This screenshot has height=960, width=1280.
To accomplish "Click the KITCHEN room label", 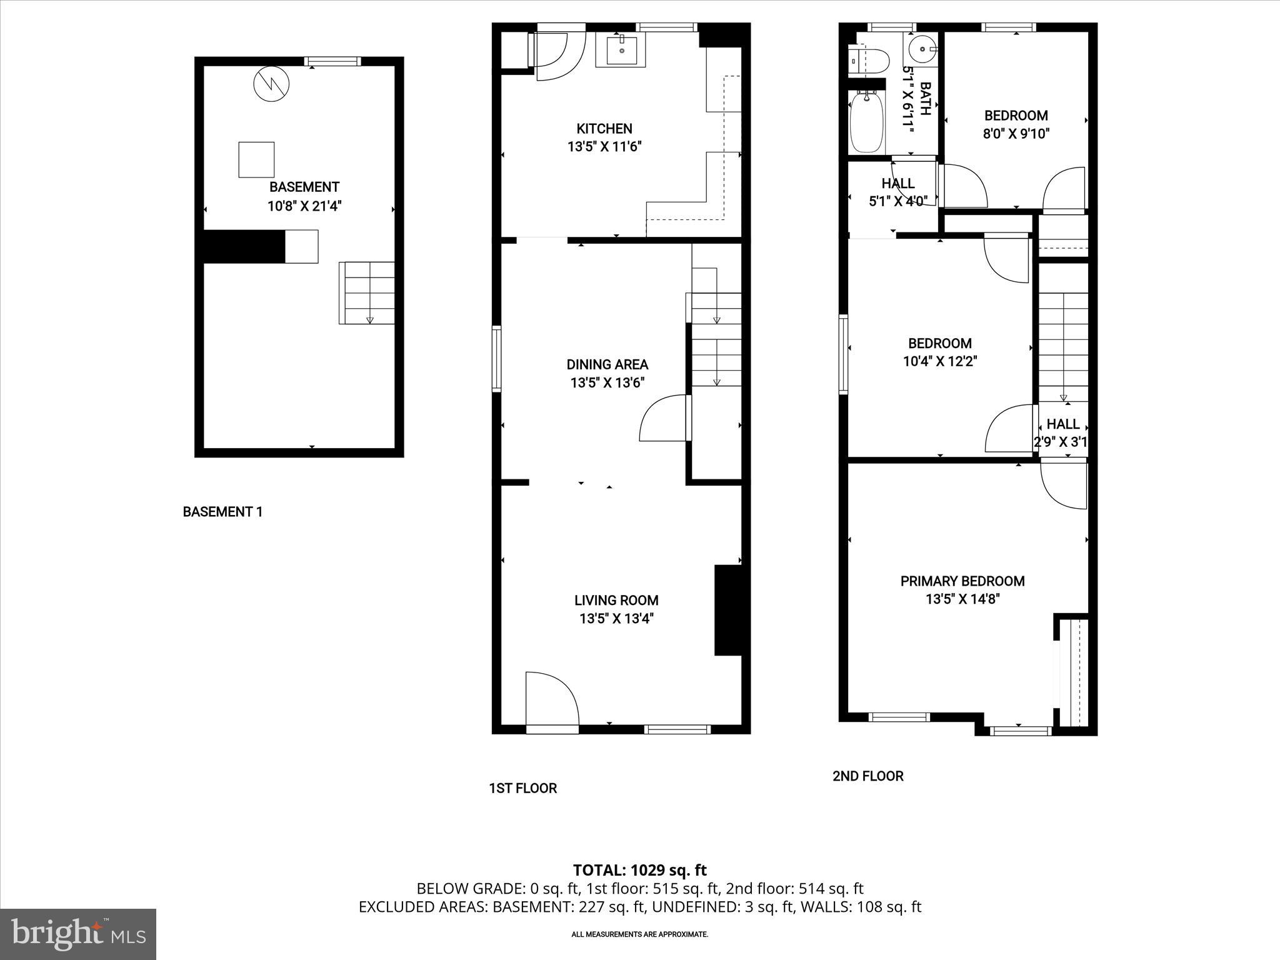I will coord(604,129).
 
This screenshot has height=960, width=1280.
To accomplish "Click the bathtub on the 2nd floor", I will coord(867,122).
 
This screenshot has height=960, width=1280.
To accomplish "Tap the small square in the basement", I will coord(256,159).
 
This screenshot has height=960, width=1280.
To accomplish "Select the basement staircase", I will coord(367,292).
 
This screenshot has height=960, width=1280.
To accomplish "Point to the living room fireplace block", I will coord(727,610).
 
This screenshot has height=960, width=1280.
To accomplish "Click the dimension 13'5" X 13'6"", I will coord(607,382).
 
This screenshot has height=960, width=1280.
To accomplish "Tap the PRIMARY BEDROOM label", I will coord(962,581).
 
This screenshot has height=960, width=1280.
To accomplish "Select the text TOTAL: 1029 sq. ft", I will coord(639,870).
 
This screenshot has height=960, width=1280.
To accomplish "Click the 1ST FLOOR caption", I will coord(522,788).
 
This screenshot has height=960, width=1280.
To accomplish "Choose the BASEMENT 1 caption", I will coord(222,512).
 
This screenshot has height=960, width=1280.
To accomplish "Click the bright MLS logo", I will coord(78,934).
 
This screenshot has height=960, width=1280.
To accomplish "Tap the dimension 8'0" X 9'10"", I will coord(1016,134).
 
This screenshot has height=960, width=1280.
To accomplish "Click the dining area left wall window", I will coord(497,359).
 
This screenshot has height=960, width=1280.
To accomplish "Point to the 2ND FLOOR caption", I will coord(867,776).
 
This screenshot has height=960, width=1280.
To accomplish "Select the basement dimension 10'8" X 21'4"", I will coord(304,206).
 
